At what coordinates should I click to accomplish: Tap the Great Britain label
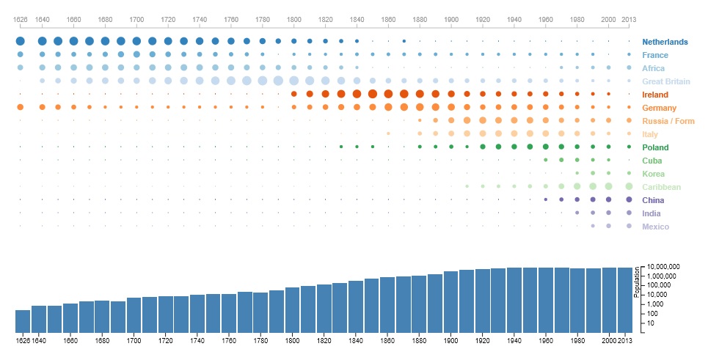[665, 81]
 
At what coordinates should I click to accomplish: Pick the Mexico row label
[656, 227]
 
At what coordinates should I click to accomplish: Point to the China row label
[654, 200]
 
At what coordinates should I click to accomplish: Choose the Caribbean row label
[661, 187]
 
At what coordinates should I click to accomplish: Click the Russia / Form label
[668, 121]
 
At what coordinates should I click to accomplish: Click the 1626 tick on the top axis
[21, 18]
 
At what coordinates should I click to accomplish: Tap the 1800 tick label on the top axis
[293, 18]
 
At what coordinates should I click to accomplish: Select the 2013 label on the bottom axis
[625, 340]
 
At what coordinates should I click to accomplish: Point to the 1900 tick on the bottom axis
[451, 340]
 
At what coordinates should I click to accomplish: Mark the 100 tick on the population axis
[652, 313]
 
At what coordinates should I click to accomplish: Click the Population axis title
[636, 282]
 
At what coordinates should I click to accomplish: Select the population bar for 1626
[23, 321]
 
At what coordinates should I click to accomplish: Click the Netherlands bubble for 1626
[21, 41]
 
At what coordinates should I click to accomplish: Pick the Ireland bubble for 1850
[373, 94]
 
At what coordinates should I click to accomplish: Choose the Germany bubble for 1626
[21, 107]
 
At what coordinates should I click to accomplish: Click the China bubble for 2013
[629, 199]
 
